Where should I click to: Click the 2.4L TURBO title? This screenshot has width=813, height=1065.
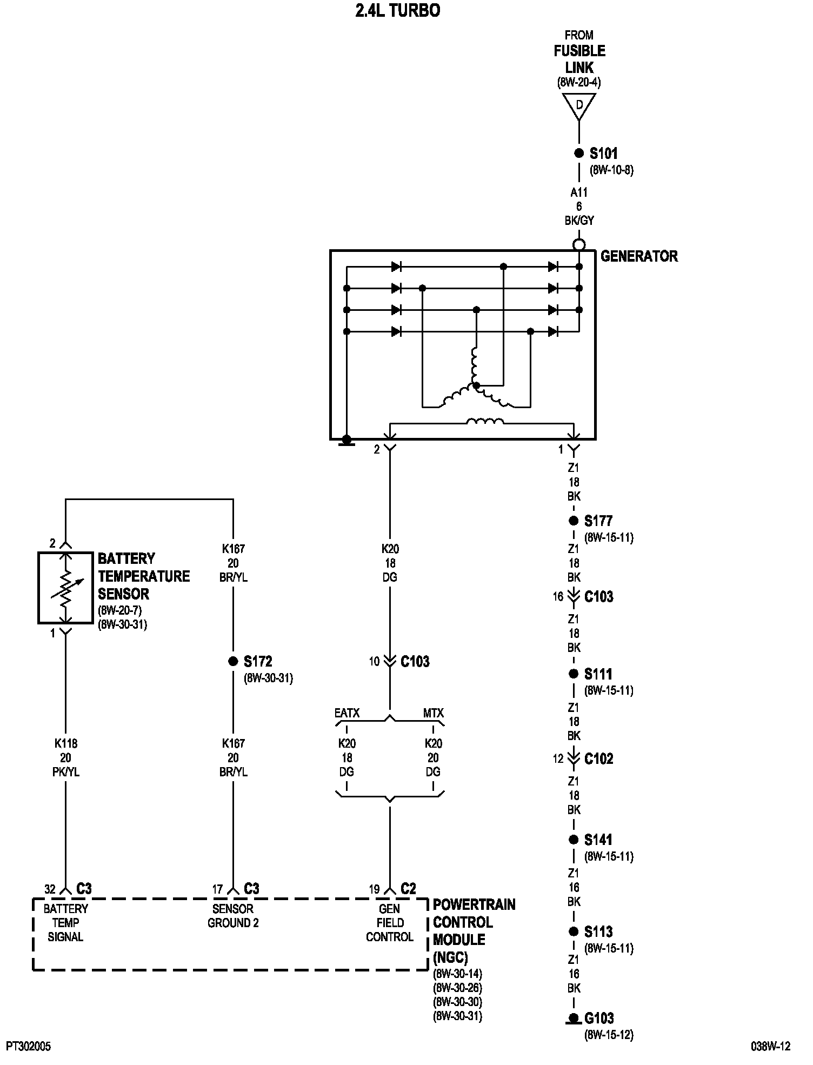[397, 11]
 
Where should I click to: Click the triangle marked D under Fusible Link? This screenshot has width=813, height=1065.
[579, 105]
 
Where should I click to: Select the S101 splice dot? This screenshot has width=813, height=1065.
[579, 153]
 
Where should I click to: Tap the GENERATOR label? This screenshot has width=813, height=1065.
[639, 256]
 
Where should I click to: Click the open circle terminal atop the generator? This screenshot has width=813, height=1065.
[579, 245]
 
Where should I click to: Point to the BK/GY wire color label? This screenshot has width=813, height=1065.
[579, 221]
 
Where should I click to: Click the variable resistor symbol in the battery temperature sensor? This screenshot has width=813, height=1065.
[66, 588]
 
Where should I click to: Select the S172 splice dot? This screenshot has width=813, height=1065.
[233, 661]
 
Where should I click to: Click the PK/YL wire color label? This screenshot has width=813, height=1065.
[65, 773]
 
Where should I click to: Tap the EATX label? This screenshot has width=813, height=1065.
[346, 713]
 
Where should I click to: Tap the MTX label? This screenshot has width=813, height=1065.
[433, 713]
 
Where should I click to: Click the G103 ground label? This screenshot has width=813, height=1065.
[599, 1019]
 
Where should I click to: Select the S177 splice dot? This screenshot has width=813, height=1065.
[574, 521]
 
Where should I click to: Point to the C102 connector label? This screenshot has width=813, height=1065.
[599, 759]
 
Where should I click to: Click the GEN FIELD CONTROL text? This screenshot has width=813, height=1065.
[389, 923]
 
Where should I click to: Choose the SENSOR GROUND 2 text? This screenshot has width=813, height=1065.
[233, 916]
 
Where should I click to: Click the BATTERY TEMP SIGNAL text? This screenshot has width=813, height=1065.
[65, 923]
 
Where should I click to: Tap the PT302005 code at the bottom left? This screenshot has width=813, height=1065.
[29, 1047]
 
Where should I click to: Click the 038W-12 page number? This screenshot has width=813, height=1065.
[770, 1047]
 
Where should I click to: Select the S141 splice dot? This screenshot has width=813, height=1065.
[574, 840]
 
